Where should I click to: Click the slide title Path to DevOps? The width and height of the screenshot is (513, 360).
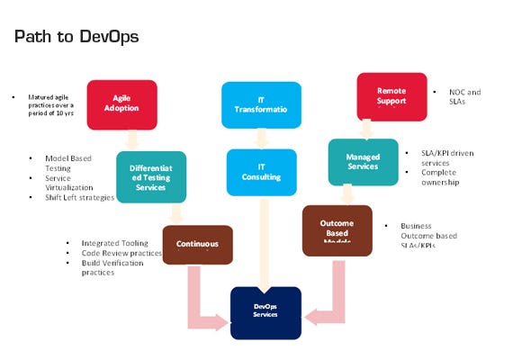click(76, 37)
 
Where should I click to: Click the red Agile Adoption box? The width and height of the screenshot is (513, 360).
click(122, 104)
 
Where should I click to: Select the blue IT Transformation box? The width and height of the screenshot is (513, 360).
click(261, 104)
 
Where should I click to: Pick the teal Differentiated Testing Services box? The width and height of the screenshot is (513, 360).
click(151, 175)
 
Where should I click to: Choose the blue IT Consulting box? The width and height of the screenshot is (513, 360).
click(261, 172)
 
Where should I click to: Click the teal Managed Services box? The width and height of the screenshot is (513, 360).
click(363, 162)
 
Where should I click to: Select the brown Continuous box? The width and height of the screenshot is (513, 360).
click(197, 244)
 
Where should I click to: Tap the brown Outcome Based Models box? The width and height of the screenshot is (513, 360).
click(337, 230)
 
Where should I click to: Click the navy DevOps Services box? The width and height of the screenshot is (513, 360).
click(265, 312)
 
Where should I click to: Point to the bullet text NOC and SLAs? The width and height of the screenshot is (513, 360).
click(465, 97)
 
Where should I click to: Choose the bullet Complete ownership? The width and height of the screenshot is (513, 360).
click(440, 177)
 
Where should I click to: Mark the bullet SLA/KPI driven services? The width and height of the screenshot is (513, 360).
click(446, 157)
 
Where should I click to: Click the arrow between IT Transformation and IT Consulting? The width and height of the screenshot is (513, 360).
click(261, 138)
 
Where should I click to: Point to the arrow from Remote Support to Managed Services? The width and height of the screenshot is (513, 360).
click(367, 130)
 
